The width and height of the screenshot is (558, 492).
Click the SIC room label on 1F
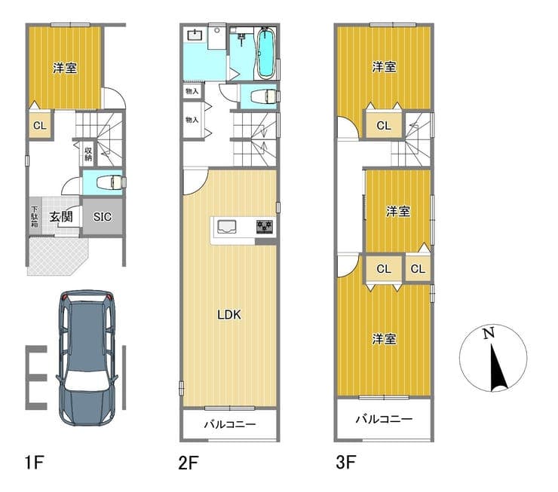click(x=103, y=216)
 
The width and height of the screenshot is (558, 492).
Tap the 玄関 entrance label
click(x=61, y=216)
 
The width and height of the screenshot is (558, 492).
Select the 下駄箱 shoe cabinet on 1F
click(x=35, y=216)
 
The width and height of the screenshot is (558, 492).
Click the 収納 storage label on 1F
click(x=88, y=154)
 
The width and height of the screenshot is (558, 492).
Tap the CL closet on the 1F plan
click(x=40, y=126)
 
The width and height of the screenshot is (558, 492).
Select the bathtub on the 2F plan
click(x=265, y=53)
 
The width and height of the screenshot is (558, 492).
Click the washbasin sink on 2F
click(x=195, y=35)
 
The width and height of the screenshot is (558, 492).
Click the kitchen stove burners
click(x=265, y=226)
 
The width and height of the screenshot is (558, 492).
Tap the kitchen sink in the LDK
click(x=227, y=226)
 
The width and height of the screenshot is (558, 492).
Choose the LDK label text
click(x=229, y=315)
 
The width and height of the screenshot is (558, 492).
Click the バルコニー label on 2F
click(x=230, y=424)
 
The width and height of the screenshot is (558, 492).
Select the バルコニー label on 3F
click(x=384, y=419)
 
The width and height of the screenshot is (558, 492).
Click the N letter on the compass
click(x=489, y=333)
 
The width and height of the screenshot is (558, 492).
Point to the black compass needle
click(x=498, y=368)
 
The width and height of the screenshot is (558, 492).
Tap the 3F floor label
click(x=346, y=462)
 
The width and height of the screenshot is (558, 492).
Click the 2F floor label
click(x=189, y=463)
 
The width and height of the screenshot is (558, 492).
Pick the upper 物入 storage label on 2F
click(x=192, y=91)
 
